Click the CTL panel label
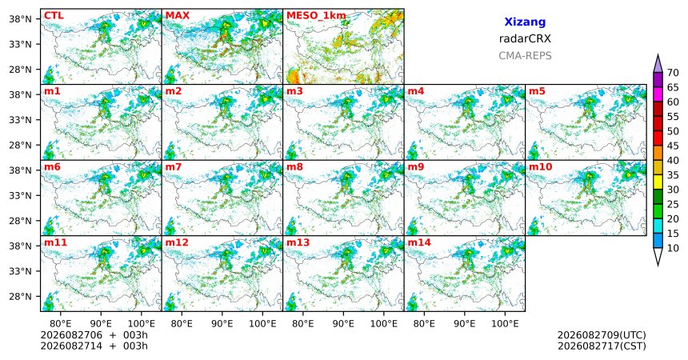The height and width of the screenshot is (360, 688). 54,16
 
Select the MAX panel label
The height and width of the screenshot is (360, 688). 178,16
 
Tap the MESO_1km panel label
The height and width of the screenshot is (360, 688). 316,16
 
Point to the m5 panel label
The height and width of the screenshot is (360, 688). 537,91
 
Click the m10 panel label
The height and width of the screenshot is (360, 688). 541,167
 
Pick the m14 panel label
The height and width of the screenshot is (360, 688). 419,242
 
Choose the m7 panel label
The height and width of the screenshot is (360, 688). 174,167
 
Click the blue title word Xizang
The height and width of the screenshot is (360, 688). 525,22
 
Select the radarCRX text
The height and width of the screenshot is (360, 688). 525,38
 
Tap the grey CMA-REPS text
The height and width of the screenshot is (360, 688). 525,56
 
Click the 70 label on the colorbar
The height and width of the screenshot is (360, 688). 673,73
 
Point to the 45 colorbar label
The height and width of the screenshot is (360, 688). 673,146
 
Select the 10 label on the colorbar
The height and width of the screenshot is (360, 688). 673,248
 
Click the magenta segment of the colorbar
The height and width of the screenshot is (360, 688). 658,94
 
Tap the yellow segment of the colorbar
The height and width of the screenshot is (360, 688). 658,182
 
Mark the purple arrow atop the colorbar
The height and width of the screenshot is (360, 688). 658,64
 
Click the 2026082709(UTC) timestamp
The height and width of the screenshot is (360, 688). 602,335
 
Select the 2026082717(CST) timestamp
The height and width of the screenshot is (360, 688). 602,346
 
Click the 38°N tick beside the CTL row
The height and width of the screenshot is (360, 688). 21,19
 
